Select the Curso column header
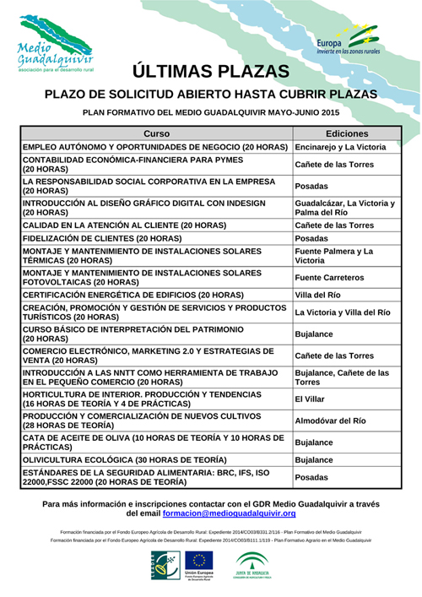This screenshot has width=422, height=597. point(157,134)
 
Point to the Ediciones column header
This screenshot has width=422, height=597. point(346,134)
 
